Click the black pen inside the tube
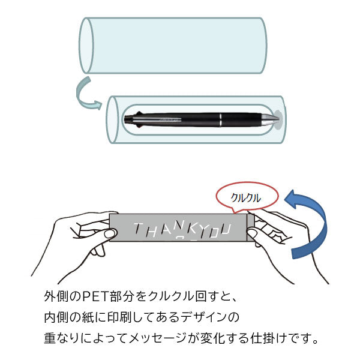pyautogui.click(x=201, y=119)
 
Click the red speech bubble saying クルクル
pyautogui.click(x=247, y=197)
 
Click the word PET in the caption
pyautogui.click(x=95, y=296)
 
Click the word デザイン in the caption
pyautogui.click(x=203, y=317)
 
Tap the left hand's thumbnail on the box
pyautogui.click(x=110, y=234)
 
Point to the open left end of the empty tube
pyautogui.click(x=86, y=45)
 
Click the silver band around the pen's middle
pyautogui.click(x=220, y=119)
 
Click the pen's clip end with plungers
pyautogui.click(x=133, y=119)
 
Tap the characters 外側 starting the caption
pyautogui.click(x=56, y=296)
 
